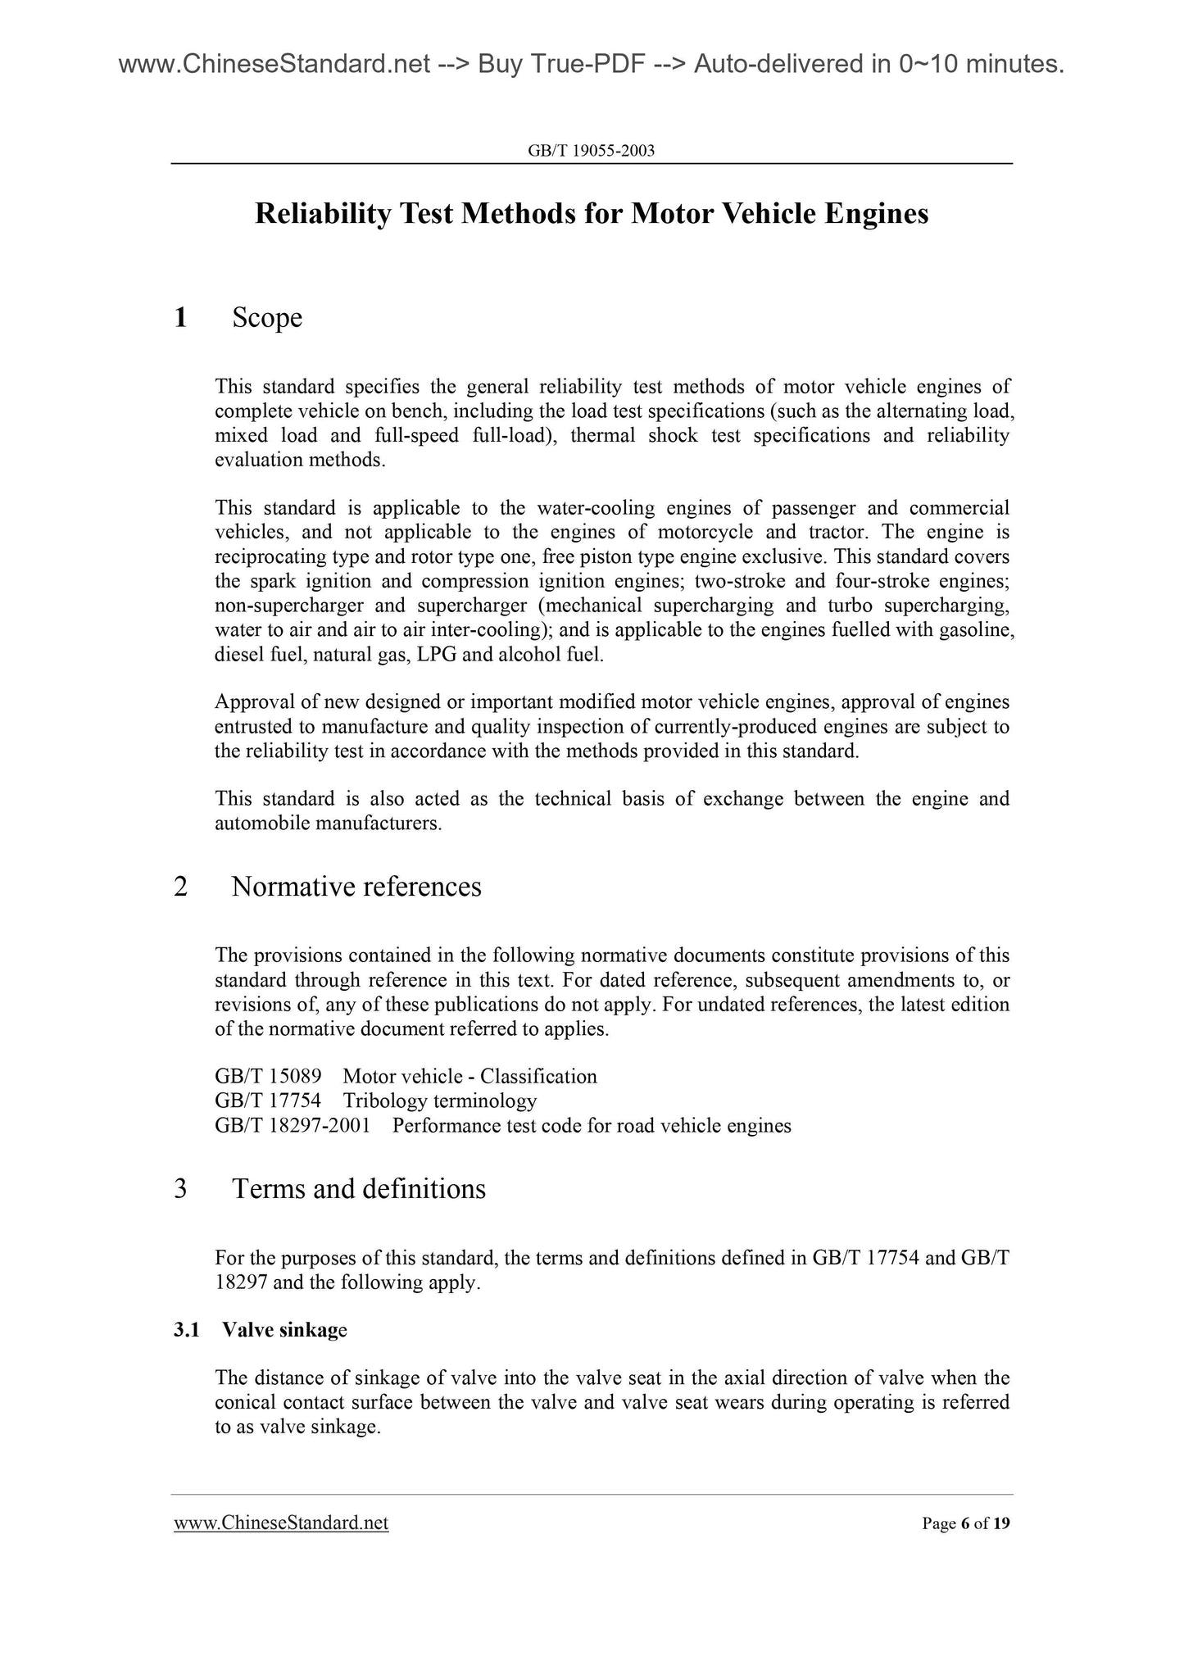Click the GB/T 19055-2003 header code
tap(592, 151)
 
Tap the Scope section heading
tap(267, 317)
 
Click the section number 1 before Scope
tap(181, 317)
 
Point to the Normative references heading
tap(356, 887)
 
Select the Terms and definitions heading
tap(359, 1188)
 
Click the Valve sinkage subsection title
tap(284, 1330)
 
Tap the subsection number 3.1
tap(187, 1330)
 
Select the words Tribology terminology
tap(440, 1101)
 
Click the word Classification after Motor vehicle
tap(538, 1076)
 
